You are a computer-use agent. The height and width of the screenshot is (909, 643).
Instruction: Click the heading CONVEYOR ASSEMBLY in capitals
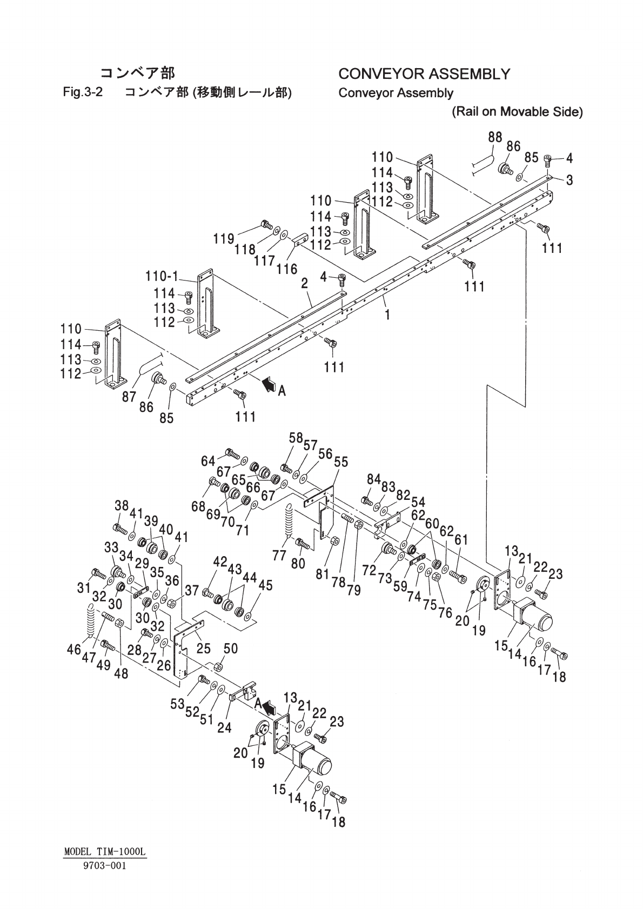coord(424,73)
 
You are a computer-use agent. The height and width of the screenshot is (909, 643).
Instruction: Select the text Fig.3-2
coord(83,92)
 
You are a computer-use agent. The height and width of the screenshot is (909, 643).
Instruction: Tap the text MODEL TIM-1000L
coord(105,852)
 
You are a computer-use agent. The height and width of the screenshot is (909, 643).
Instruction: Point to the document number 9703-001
coord(105,865)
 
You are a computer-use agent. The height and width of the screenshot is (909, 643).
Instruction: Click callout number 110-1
coord(162,277)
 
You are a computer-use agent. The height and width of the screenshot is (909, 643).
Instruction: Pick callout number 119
coord(223,238)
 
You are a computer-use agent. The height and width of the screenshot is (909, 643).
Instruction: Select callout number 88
coord(495,137)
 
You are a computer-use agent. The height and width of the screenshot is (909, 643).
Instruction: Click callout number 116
coord(287,269)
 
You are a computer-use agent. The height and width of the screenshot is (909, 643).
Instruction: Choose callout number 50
coord(231,649)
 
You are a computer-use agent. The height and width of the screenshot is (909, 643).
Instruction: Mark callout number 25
coord(203,647)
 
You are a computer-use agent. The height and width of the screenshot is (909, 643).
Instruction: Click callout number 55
coord(341,462)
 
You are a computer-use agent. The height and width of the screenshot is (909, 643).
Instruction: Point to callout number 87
coord(129,397)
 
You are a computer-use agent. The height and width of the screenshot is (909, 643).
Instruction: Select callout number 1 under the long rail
coord(387,315)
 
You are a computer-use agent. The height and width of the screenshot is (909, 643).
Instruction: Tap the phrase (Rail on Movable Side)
coord(517,112)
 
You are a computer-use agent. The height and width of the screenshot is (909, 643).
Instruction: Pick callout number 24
coord(224,727)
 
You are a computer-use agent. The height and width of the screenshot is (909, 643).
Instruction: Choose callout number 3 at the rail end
coord(569,180)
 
